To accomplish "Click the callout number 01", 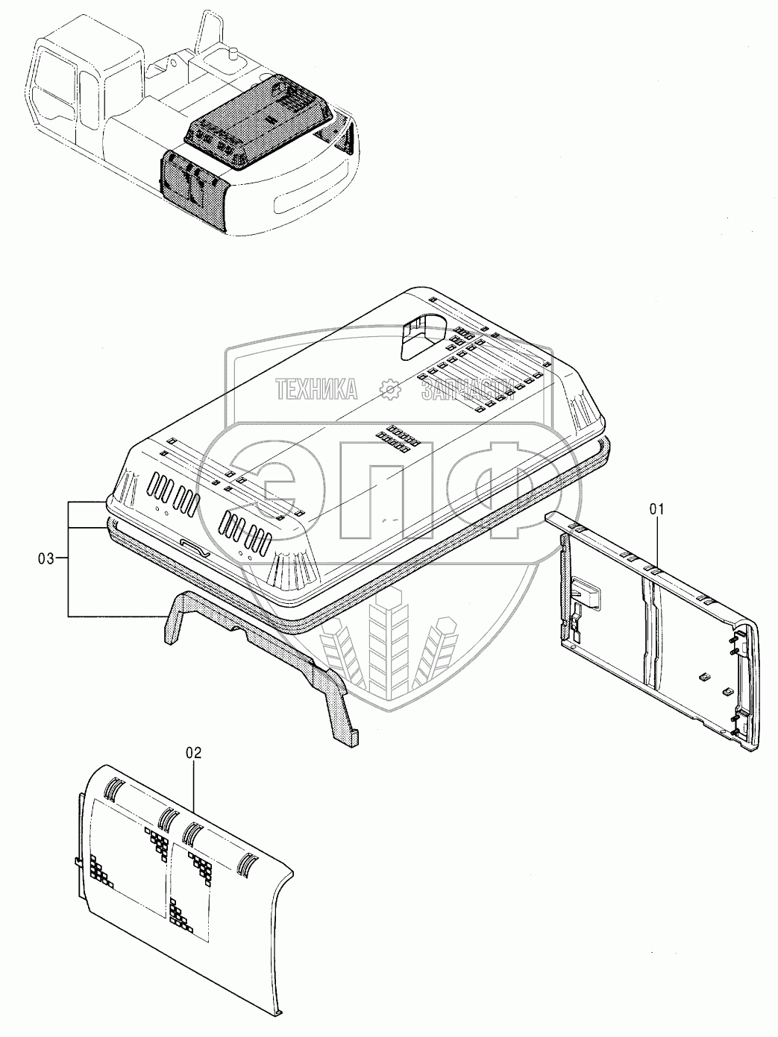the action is (x=656, y=509).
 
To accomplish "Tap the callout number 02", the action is (x=193, y=753).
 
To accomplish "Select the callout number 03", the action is (x=46, y=557).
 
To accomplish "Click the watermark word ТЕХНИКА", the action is (x=316, y=388).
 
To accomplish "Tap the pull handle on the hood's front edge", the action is (x=198, y=549).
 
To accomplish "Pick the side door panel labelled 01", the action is (x=656, y=626).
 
